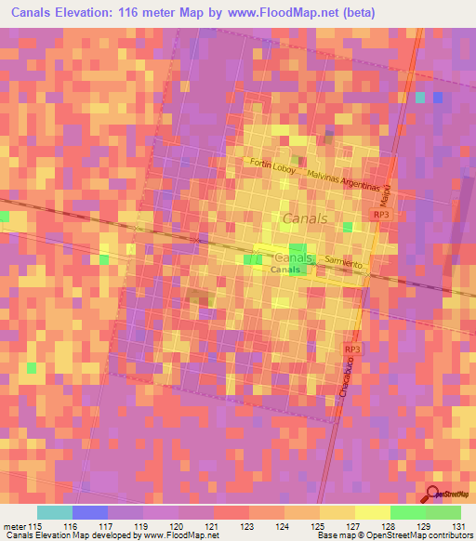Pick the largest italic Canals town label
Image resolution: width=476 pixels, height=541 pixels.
click(x=302, y=218)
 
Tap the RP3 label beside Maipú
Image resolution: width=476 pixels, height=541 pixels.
click(x=380, y=215)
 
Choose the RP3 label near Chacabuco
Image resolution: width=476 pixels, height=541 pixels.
click(x=351, y=349)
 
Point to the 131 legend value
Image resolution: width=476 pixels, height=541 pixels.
click(x=456, y=525)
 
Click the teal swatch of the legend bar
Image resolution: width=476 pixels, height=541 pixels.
click(x=55, y=512)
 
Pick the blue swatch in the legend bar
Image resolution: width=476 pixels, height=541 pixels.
click(x=90, y=512)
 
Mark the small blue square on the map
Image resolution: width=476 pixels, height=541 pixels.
click(x=437, y=97)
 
